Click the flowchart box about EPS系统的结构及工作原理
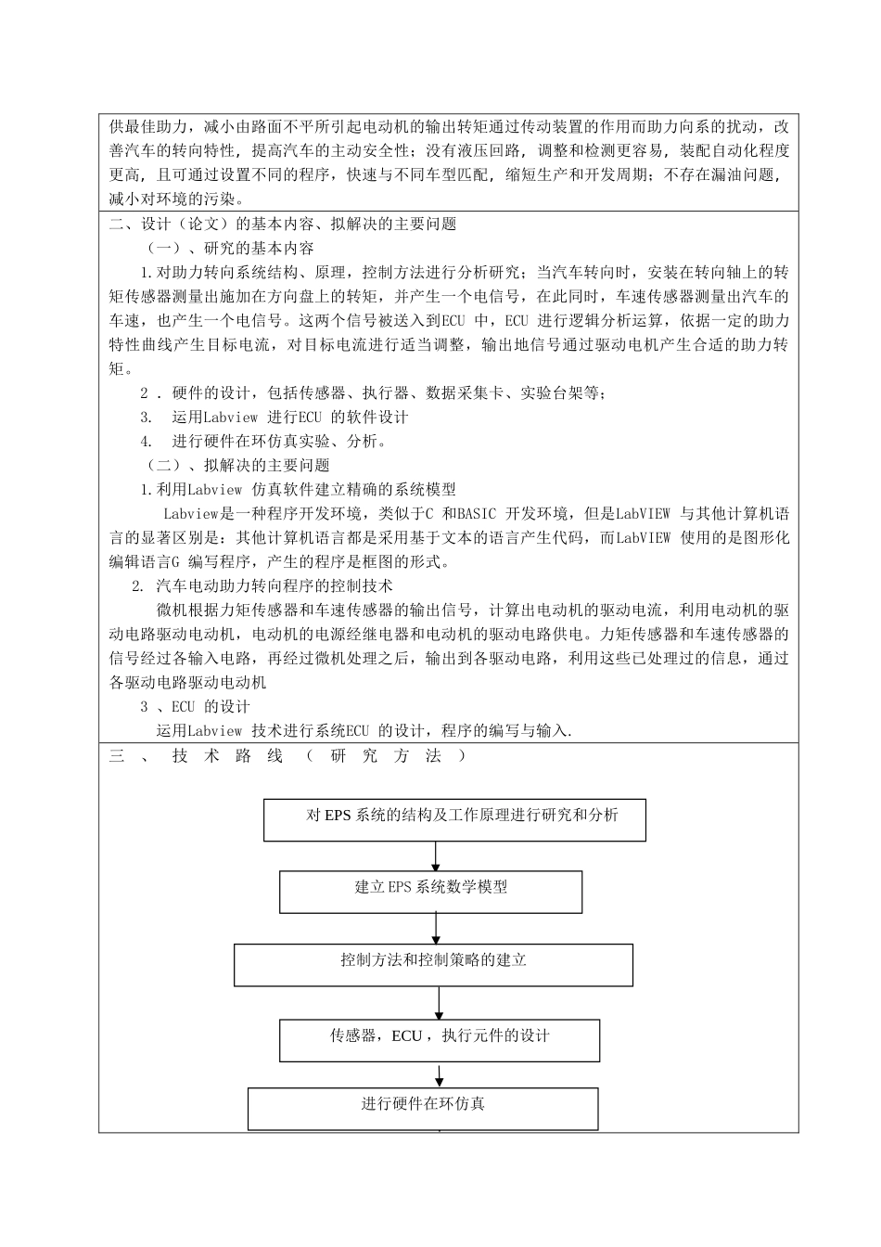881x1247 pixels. [x=454, y=818]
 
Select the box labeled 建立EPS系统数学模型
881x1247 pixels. [x=431, y=891]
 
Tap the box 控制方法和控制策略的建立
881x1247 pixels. [x=433, y=964]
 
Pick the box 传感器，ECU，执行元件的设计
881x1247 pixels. [x=440, y=1040]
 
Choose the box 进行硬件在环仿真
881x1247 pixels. [x=423, y=1108]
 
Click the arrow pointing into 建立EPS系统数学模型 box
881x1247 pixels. [x=436, y=856]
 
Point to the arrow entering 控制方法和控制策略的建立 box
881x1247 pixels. [x=436, y=929]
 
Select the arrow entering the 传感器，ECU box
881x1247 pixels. [x=439, y=1003]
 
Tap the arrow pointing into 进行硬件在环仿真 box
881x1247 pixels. [x=440, y=1075]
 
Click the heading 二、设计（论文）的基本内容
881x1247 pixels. [x=283, y=224]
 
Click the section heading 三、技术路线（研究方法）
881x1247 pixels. [x=287, y=756]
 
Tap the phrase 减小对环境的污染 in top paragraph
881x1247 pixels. [x=175, y=199]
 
